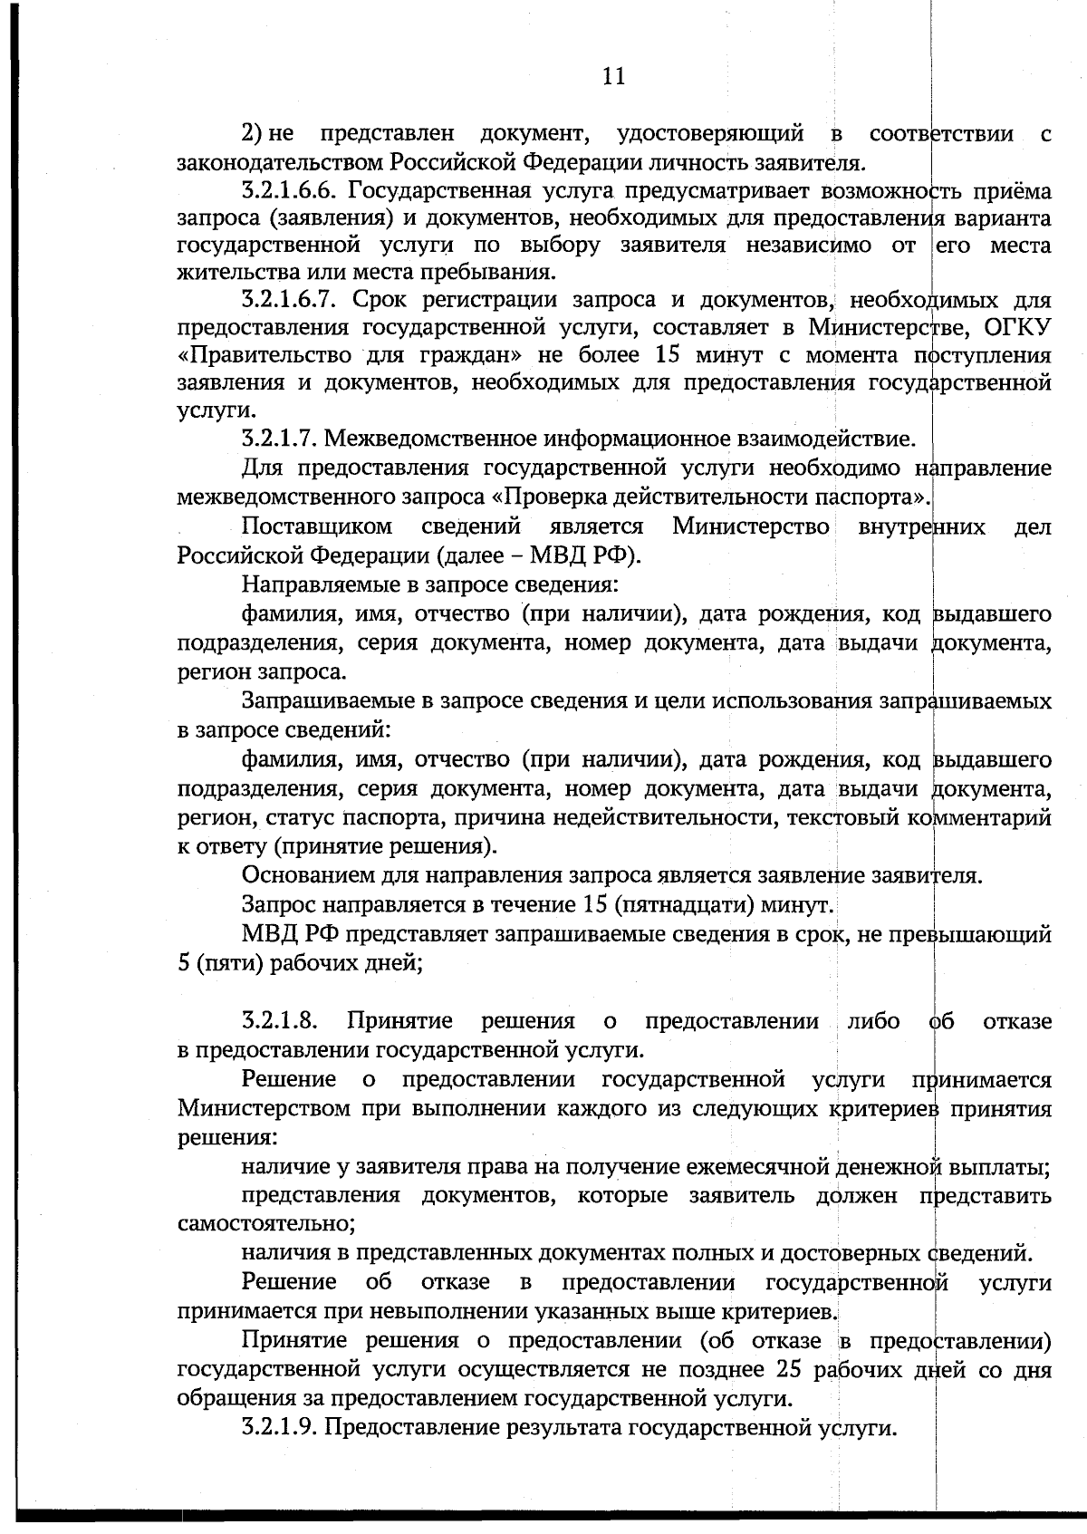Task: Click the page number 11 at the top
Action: [613, 76]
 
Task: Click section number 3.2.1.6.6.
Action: [289, 191]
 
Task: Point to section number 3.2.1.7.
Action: [278, 440]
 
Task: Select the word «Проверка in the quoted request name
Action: [546, 497]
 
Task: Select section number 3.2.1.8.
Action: [279, 1021]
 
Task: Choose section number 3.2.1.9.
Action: [278, 1428]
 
